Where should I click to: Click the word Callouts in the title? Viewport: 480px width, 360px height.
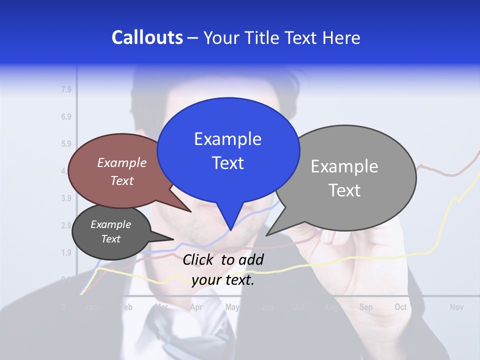click(x=147, y=37)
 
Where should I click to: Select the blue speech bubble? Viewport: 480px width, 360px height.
click(x=228, y=150)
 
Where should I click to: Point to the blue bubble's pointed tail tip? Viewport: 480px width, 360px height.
click(x=230, y=229)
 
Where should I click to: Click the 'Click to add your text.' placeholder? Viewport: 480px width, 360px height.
click(x=223, y=269)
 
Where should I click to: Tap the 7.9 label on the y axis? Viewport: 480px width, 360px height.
click(x=66, y=90)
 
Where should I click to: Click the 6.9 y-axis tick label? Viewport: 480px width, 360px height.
click(x=66, y=117)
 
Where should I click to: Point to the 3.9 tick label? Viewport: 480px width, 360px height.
click(x=66, y=198)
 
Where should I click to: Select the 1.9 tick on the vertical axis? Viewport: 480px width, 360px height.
click(x=66, y=252)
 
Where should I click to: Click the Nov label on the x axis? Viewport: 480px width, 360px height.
click(x=456, y=307)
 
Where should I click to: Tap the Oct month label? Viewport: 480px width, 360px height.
click(x=400, y=307)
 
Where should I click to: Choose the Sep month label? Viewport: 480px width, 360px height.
click(x=365, y=307)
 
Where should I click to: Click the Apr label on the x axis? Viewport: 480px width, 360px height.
click(x=196, y=307)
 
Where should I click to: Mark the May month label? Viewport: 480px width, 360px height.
click(x=232, y=307)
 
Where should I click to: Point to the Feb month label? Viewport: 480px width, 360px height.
click(x=126, y=307)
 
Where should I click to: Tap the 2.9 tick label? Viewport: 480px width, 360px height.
click(x=66, y=225)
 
